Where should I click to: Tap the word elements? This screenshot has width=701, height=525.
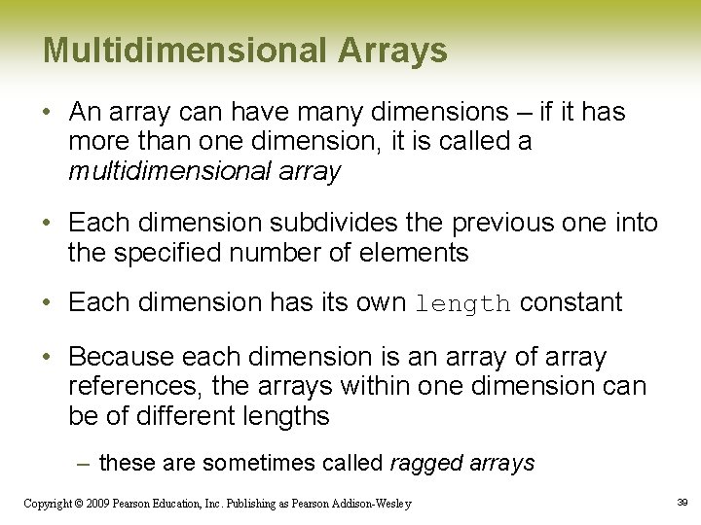point(419,255)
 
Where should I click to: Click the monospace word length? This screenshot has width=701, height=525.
point(462,303)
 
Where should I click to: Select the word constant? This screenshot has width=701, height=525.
point(572,302)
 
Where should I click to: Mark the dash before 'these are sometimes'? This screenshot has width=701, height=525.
point(85,463)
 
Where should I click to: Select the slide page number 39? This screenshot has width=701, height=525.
point(682,502)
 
